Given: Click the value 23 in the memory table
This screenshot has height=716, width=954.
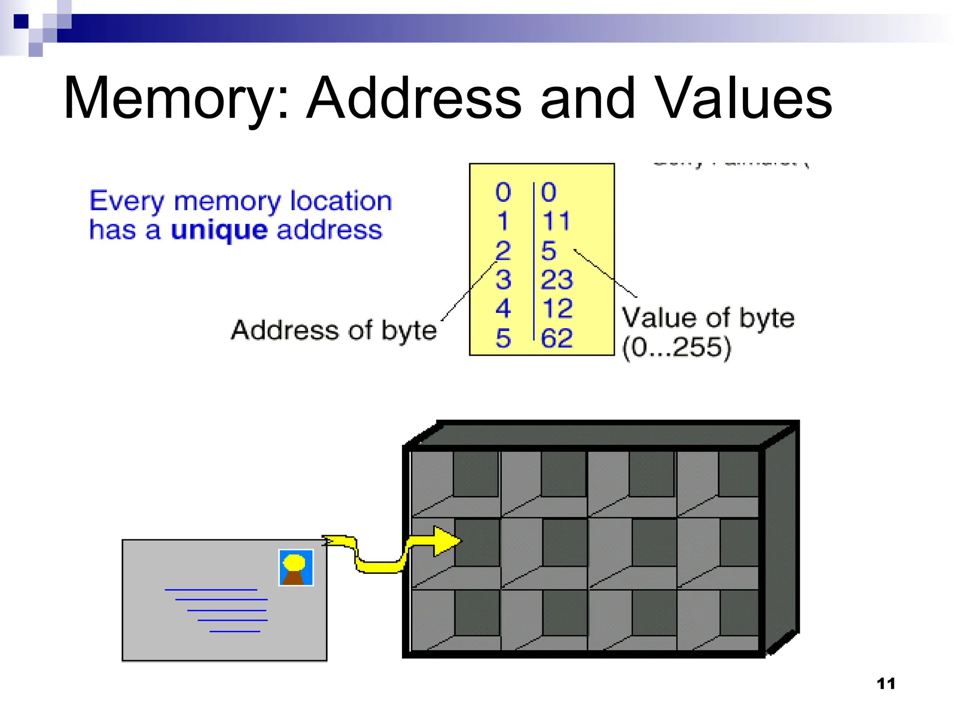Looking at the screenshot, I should pyautogui.click(x=556, y=280).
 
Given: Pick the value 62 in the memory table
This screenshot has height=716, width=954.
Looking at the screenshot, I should pyautogui.click(x=556, y=338).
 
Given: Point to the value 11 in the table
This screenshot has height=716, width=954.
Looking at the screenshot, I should pyautogui.click(x=556, y=221).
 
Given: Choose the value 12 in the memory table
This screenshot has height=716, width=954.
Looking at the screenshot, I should pyautogui.click(x=557, y=309).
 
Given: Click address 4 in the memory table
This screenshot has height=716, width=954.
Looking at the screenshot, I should pyautogui.click(x=503, y=309).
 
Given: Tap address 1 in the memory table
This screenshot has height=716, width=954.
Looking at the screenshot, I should pyautogui.click(x=502, y=221).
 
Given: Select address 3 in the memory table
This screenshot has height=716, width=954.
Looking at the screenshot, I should pyautogui.click(x=503, y=280).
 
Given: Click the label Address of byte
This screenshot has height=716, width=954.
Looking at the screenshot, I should pyautogui.click(x=334, y=330).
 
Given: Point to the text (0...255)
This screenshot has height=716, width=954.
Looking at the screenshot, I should pyautogui.click(x=677, y=347).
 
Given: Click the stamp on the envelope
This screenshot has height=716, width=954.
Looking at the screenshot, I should pyautogui.click(x=296, y=567).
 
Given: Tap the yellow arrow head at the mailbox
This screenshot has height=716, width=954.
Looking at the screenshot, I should pyautogui.click(x=446, y=541).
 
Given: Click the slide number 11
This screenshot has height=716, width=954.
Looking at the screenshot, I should pyautogui.click(x=886, y=683).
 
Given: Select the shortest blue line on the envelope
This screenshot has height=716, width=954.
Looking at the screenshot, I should pyautogui.click(x=235, y=631).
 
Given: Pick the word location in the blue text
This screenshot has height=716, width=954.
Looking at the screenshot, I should pyautogui.click(x=341, y=201).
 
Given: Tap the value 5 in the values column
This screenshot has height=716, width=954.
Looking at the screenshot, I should pyautogui.click(x=548, y=251).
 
